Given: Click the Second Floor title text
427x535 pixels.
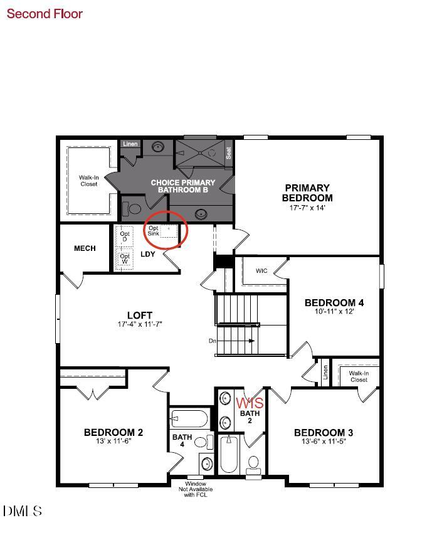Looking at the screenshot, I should [45, 13].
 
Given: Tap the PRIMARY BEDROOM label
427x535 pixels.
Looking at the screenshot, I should [307, 193].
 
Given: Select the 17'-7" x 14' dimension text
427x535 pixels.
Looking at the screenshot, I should [307, 208].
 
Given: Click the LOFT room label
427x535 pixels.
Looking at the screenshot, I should [140, 315].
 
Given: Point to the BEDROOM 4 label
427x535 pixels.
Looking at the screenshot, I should [334, 302].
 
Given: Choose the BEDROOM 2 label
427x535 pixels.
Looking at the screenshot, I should [113, 432].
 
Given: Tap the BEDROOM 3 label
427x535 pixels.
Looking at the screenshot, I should [324, 432].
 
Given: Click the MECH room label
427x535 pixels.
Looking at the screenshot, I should [85, 248].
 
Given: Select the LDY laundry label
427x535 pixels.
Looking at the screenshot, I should [147, 254].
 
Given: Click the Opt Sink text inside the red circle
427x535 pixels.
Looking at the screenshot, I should [154, 231].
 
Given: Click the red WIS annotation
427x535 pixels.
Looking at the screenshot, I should [250, 402].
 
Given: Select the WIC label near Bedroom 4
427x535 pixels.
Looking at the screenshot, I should [261, 271].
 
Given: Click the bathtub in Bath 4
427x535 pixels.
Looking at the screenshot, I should [189, 418].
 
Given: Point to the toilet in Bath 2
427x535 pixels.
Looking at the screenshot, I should [253, 465].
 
